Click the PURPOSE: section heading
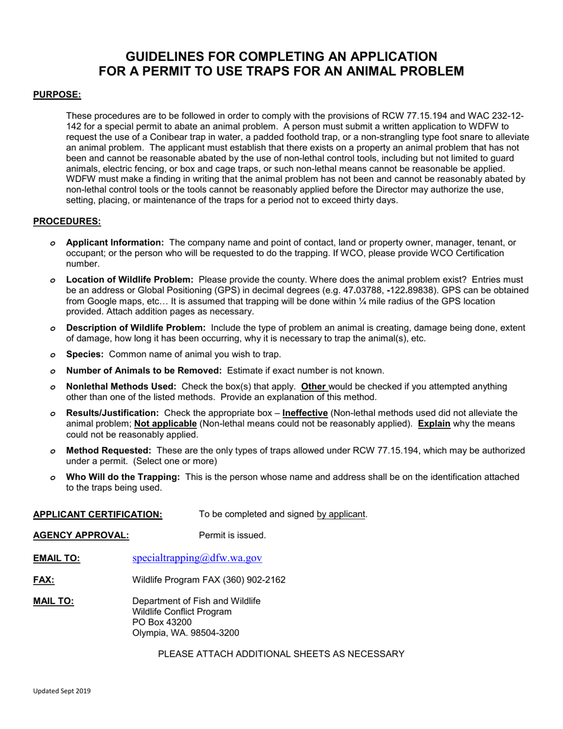click(x=57, y=94)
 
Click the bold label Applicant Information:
click(x=115, y=242)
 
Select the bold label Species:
click(x=85, y=354)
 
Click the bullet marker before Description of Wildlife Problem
click(x=53, y=328)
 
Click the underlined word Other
click(x=314, y=386)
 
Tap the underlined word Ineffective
click(x=305, y=413)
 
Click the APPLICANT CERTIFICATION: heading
click(x=98, y=514)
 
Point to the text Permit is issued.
click(x=232, y=535)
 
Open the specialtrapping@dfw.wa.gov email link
click(x=197, y=558)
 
